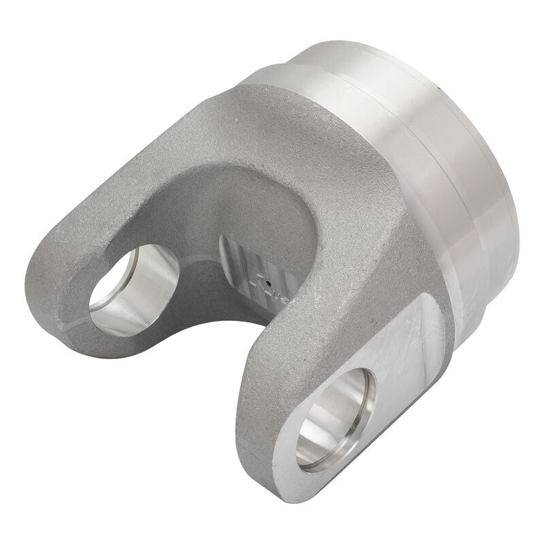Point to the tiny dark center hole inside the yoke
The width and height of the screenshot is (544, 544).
coord(269,284)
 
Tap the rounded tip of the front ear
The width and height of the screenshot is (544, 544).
coord(286,476)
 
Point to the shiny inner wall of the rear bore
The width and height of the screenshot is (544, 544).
coord(153,286)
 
